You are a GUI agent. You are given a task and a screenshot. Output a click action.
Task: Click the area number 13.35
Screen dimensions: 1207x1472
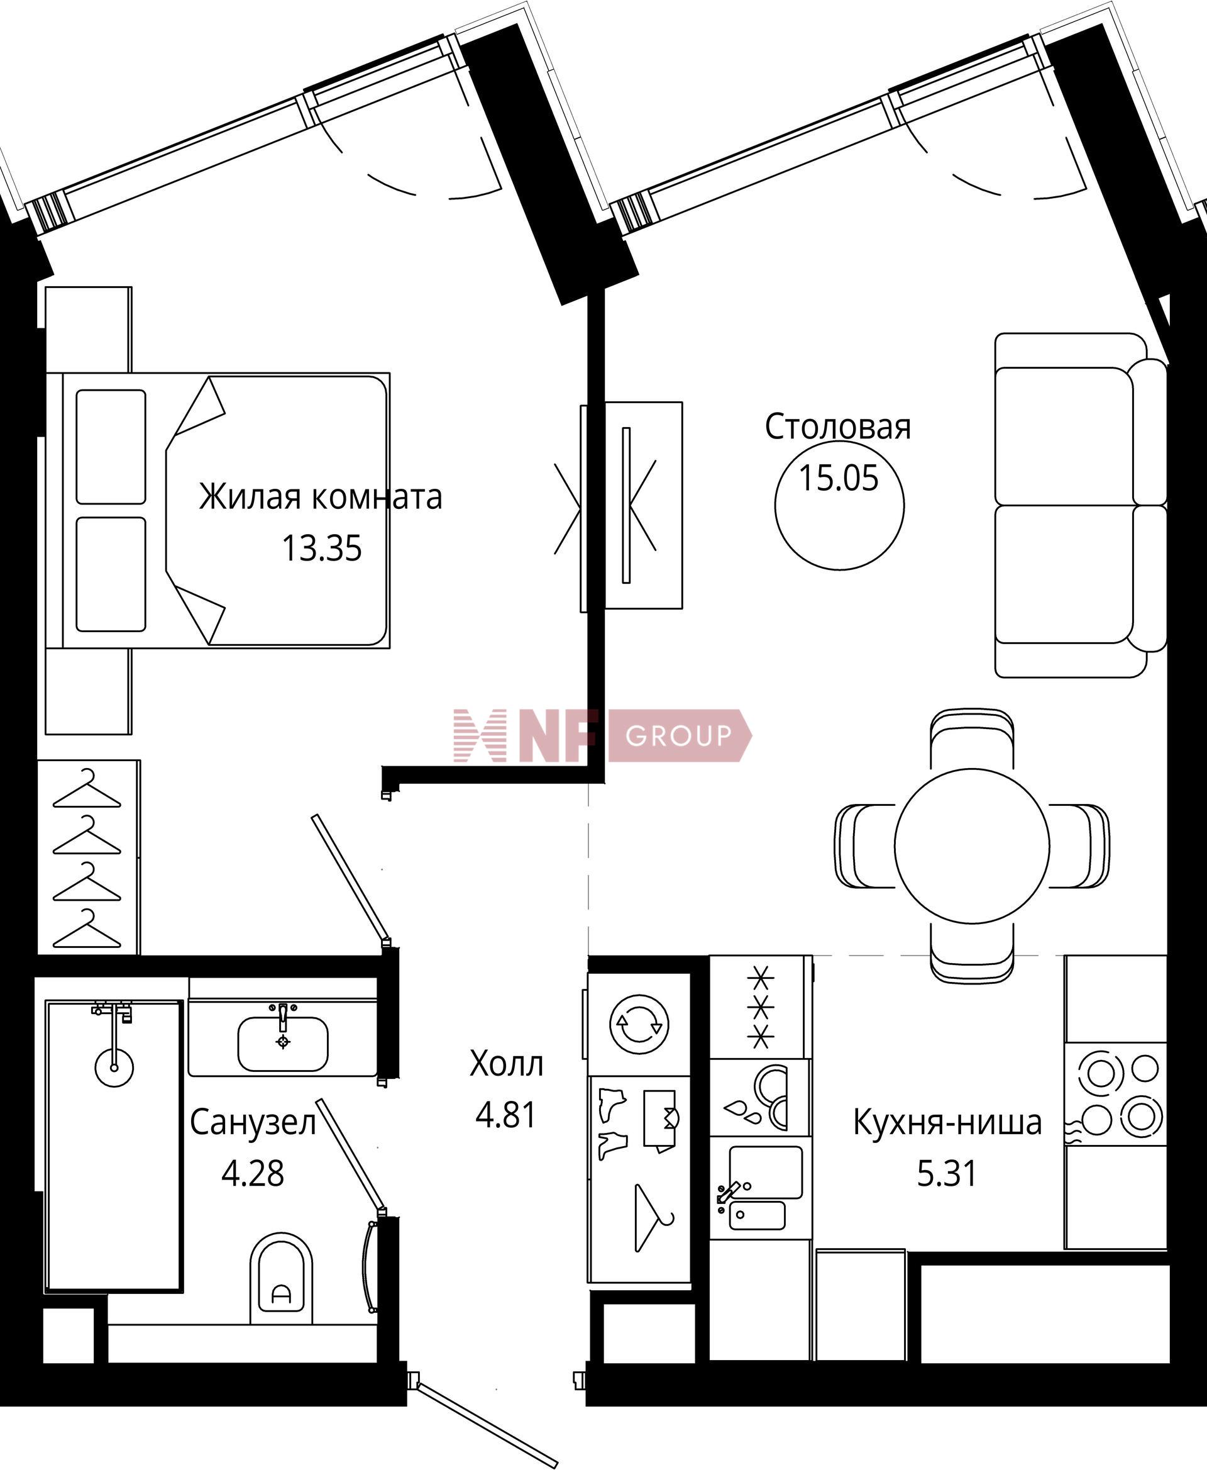click(321, 548)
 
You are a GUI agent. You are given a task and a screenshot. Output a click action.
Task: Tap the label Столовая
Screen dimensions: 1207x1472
click(838, 427)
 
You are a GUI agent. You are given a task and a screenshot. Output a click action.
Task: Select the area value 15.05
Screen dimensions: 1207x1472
click(839, 478)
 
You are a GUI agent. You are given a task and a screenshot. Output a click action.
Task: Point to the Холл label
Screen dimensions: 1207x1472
click(506, 1064)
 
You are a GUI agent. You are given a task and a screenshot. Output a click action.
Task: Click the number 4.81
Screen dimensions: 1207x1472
click(506, 1115)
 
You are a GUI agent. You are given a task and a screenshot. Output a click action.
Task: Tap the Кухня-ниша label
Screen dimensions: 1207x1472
click(947, 1122)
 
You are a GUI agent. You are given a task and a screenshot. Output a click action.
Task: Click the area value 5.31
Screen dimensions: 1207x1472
click(947, 1174)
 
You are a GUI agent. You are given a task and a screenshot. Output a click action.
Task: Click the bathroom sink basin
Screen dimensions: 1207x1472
click(283, 1044)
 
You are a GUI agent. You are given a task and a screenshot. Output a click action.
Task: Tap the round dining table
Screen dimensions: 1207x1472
click(971, 845)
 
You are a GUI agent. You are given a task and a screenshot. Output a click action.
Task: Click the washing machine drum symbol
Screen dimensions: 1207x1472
click(639, 1024)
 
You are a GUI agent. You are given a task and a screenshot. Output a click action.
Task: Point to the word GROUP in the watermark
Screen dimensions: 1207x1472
click(678, 735)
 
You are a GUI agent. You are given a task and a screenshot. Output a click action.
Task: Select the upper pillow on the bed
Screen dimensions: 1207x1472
click(111, 447)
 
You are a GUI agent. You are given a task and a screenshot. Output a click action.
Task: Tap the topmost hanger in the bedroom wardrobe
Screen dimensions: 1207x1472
click(87, 789)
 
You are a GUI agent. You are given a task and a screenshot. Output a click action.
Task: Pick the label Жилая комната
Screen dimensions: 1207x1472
click(321, 497)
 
